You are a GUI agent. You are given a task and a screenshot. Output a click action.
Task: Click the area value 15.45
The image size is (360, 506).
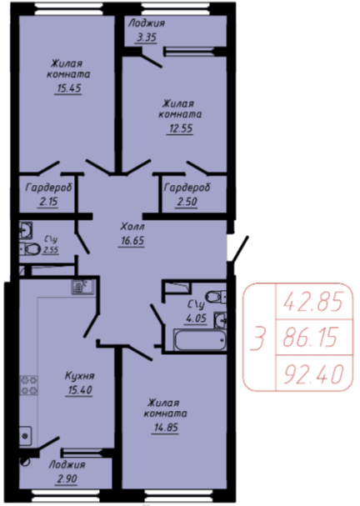point(68,88)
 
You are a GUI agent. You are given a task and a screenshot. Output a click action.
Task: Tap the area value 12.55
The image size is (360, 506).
point(180,128)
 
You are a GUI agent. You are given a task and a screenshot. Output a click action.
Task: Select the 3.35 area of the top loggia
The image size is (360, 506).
point(146,38)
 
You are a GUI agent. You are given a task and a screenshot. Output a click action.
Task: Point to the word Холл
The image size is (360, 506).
point(132,227)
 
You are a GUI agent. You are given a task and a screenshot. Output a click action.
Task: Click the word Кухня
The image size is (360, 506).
point(80,376)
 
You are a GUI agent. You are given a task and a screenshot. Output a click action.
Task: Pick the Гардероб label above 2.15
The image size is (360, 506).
point(48,188)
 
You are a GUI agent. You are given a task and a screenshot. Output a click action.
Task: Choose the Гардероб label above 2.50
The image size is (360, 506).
point(187,188)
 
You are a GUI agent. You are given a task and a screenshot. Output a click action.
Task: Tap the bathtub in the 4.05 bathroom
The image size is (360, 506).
point(200,339)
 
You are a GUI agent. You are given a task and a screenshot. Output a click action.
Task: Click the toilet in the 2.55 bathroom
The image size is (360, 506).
point(30,248)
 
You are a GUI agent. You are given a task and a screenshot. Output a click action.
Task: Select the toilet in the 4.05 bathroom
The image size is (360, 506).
point(216,296)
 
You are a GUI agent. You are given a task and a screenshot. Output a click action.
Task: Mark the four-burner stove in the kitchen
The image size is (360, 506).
point(28,385)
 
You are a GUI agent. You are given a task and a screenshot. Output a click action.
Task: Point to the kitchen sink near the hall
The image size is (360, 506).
point(82,287)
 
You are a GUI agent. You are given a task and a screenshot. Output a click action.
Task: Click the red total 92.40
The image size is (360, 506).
point(312,373)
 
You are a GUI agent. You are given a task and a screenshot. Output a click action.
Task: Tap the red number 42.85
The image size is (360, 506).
point(312,302)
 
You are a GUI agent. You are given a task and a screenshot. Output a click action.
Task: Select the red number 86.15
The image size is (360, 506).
point(310,337)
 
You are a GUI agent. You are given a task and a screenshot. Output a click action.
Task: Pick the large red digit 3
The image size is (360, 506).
point(258,338)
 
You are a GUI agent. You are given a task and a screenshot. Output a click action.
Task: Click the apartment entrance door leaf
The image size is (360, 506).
point(240,248)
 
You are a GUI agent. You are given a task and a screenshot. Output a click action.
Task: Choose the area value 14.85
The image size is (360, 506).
point(166,428)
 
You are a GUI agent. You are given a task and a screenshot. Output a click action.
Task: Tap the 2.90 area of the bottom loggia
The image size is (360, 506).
point(67,478)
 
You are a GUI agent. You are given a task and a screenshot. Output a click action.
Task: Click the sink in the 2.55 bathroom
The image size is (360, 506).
point(26,229)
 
